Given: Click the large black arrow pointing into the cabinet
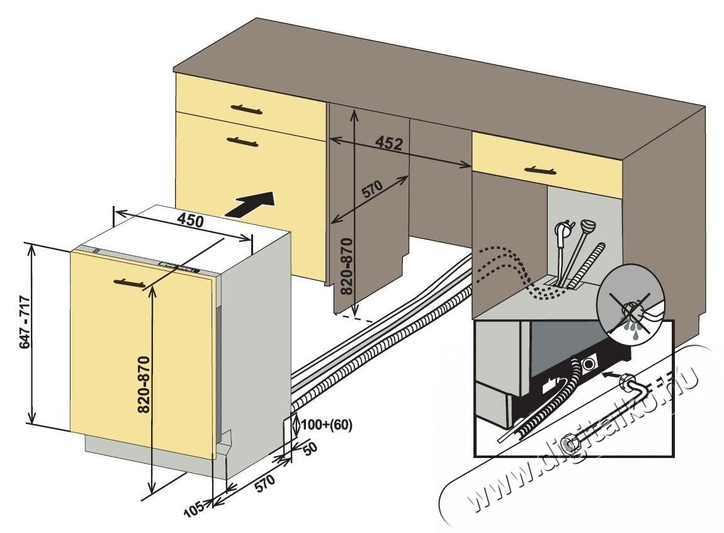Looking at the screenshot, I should (x=251, y=204).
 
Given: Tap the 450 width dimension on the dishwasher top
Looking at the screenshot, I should (x=189, y=221).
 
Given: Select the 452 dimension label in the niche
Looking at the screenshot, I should (x=388, y=144).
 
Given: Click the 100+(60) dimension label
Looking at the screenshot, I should (x=327, y=425).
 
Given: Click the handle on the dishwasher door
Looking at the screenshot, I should (x=132, y=284).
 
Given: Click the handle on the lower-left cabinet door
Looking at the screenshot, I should (x=242, y=142).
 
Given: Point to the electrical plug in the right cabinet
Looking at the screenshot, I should (x=562, y=234).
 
